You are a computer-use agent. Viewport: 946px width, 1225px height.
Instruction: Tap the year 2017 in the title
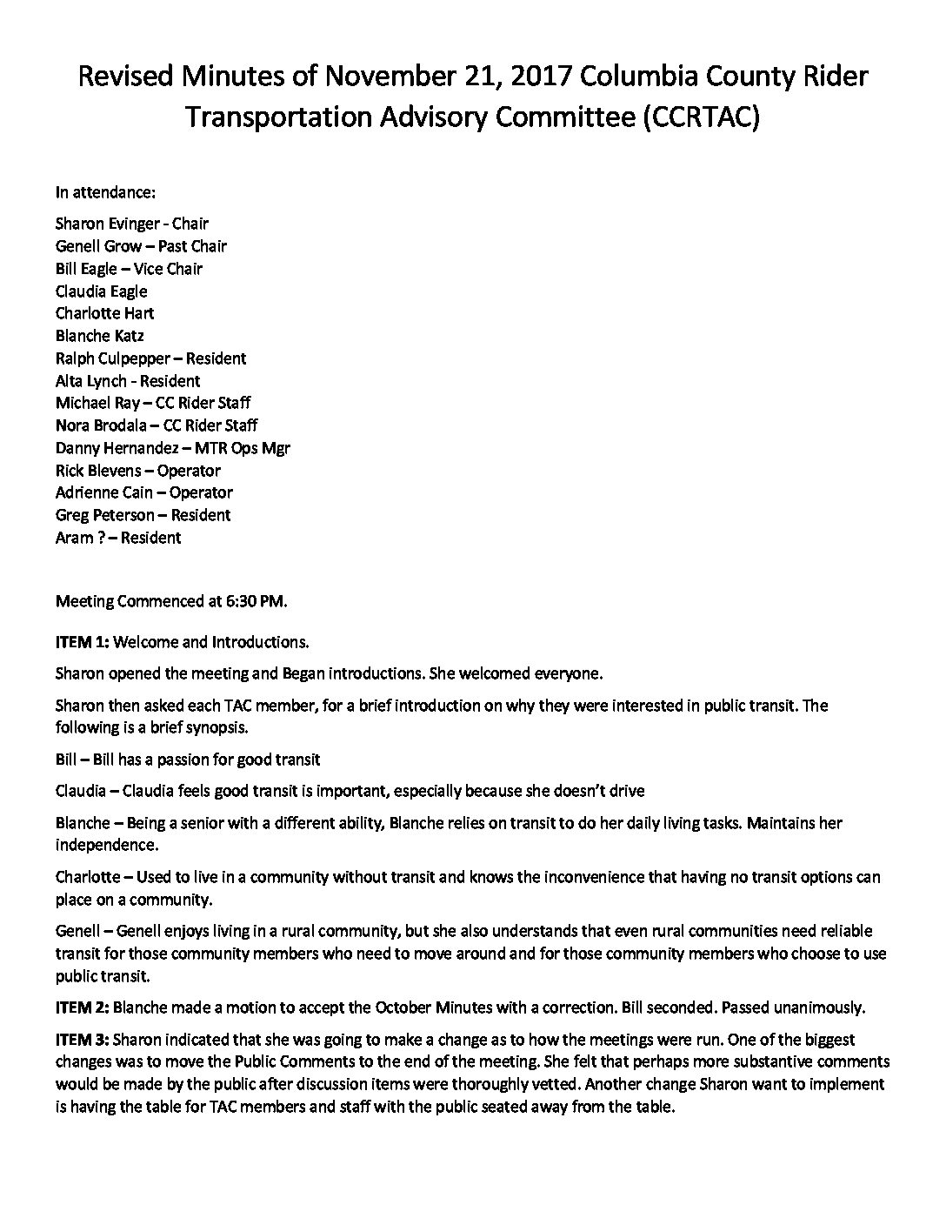[x=541, y=77]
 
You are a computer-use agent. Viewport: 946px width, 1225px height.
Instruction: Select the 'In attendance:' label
[x=105, y=191]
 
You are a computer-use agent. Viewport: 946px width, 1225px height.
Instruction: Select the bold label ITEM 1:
[x=83, y=643]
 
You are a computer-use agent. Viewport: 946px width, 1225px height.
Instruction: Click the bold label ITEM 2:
[x=83, y=1008]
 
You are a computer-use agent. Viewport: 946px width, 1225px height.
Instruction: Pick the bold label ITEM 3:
[x=83, y=1040]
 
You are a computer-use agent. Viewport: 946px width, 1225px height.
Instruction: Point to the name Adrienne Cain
[x=99, y=492]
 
